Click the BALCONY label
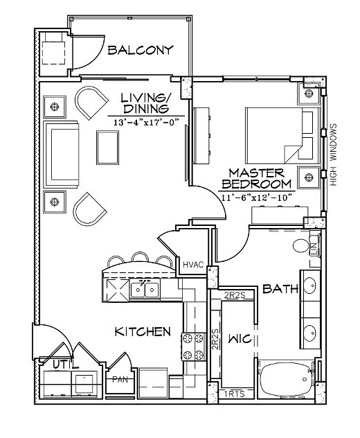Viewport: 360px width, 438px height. click(141, 51)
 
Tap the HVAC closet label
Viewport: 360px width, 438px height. click(193, 264)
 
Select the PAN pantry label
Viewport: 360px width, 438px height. click(120, 380)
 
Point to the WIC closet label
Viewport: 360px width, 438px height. click(240, 339)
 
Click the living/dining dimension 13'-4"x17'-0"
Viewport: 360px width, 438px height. click(146, 122)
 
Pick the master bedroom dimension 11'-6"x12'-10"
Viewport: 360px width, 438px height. click(256, 198)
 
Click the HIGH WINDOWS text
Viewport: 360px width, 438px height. click(334, 155)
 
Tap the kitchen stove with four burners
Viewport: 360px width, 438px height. click(192, 347)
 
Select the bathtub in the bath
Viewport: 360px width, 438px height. click(286, 379)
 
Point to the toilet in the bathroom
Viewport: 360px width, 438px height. click(301, 245)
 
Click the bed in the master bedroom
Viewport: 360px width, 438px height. click(282, 136)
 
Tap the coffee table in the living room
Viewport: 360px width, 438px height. click(108, 148)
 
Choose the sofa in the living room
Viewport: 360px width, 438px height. click(61, 155)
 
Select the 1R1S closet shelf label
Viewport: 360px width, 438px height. click(235, 394)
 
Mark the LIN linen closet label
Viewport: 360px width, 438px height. click(314, 248)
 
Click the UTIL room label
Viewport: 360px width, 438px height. click(66, 365)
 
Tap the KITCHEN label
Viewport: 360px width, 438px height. click(143, 331)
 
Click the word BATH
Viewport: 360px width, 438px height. click(280, 288)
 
